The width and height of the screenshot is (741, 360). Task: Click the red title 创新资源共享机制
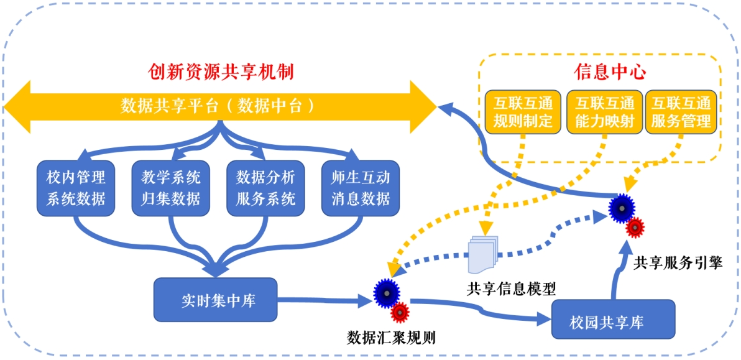click(x=220, y=72)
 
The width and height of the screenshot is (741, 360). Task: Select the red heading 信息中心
click(x=601, y=72)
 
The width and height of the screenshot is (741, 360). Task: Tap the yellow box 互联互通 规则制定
click(x=523, y=112)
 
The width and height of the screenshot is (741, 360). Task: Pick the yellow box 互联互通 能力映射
click(x=604, y=112)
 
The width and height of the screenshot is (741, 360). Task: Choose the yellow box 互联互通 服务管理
click(x=681, y=112)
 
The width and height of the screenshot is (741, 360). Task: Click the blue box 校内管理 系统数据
click(x=76, y=188)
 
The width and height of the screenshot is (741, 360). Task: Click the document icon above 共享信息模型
click(x=483, y=254)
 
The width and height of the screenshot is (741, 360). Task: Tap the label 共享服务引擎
click(x=678, y=263)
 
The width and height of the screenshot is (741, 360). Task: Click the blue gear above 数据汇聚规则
click(x=387, y=292)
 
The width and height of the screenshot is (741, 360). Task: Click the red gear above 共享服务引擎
click(x=635, y=227)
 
